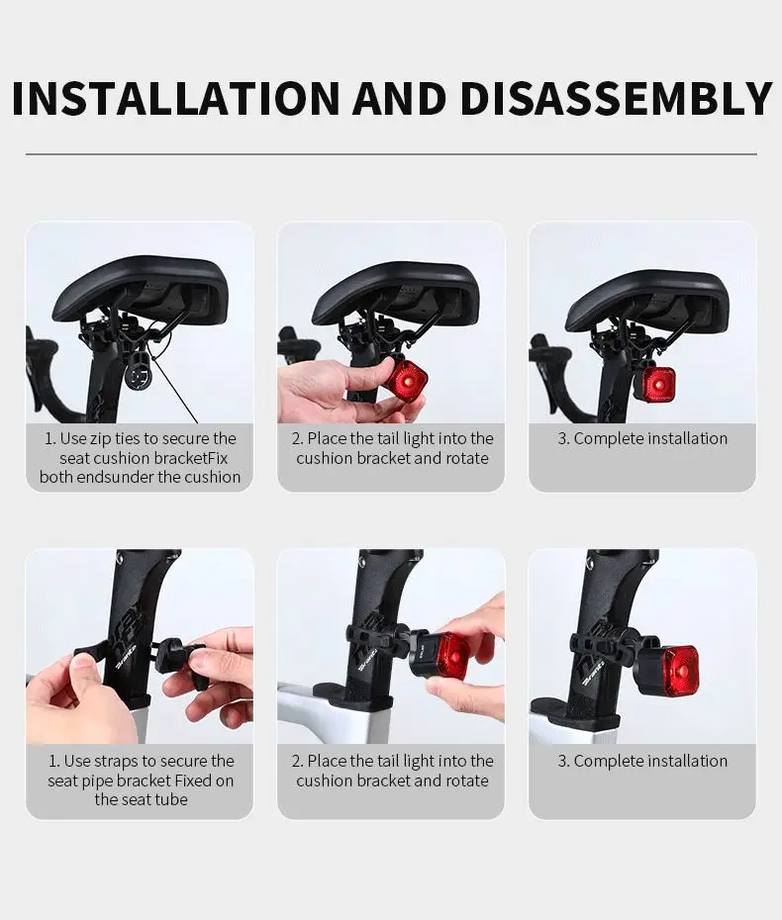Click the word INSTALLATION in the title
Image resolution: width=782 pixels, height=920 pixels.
tap(175, 98)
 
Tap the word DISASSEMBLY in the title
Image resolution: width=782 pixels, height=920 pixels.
tap(616, 98)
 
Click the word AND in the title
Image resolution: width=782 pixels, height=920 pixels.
tap(400, 98)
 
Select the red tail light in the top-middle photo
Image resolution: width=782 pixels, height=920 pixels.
tap(405, 382)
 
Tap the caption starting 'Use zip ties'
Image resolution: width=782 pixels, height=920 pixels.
tap(140, 458)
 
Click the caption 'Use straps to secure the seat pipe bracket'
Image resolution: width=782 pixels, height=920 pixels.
tap(141, 781)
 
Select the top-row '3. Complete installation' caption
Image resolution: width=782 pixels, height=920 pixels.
tap(642, 439)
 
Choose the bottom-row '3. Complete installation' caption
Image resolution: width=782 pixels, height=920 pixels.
tap(642, 761)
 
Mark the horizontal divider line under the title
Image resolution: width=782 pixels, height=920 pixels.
tap(391, 154)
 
